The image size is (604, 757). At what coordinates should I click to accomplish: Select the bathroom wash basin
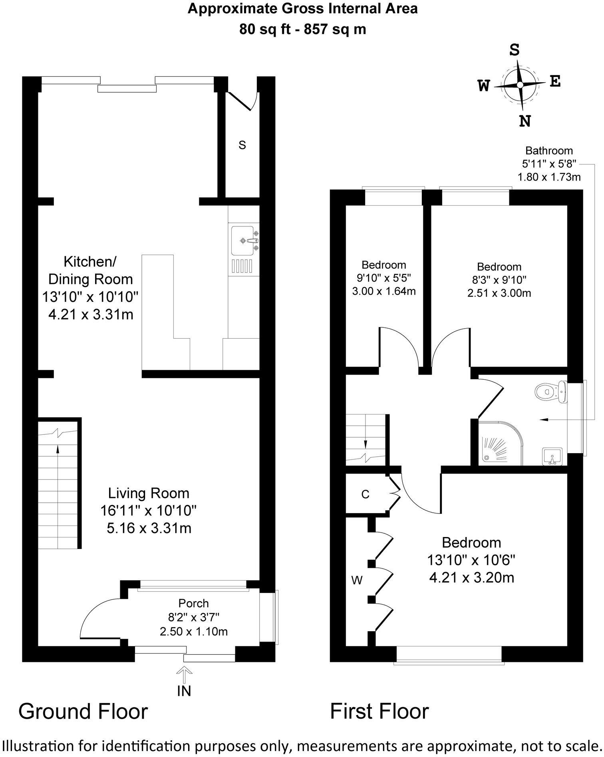[x=553, y=456]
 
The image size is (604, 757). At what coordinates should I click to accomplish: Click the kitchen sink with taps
[x=243, y=241]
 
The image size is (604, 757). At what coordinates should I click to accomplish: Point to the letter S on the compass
[x=515, y=50]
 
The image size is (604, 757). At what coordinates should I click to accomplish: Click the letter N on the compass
[x=525, y=120]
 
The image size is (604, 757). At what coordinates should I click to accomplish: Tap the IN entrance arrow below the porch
[x=184, y=675]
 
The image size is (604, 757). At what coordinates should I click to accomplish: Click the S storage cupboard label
[x=242, y=145]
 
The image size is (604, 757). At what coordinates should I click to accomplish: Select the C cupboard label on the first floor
[x=365, y=495]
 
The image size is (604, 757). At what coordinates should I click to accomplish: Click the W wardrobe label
[x=357, y=580]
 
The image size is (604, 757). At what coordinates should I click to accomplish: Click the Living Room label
[x=149, y=493]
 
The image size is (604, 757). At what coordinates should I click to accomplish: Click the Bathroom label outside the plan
[x=549, y=151]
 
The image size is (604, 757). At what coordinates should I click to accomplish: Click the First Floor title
[x=379, y=711]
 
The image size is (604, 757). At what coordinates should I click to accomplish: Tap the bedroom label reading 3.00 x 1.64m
[x=383, y=291]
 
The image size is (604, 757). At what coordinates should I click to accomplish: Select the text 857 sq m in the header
[x=335, y=29]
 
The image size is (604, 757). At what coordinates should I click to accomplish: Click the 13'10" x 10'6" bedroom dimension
[x=471, y=561]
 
